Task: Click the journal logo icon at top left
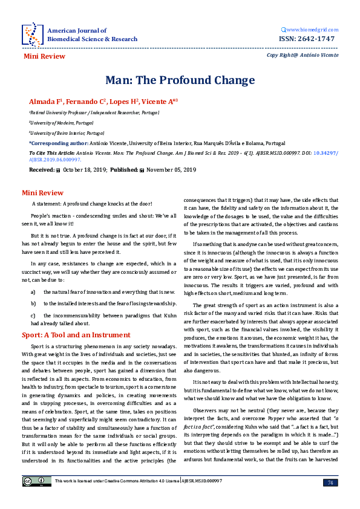[x=32, y=34]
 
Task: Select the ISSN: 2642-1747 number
[x=309, y=39]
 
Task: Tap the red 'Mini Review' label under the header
[x=44, y=56]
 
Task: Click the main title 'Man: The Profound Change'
[x=180, y=80]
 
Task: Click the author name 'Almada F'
[x=45, y=101]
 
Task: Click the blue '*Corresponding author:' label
[x=61, y=143]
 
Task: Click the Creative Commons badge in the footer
[x=28, y=498]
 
